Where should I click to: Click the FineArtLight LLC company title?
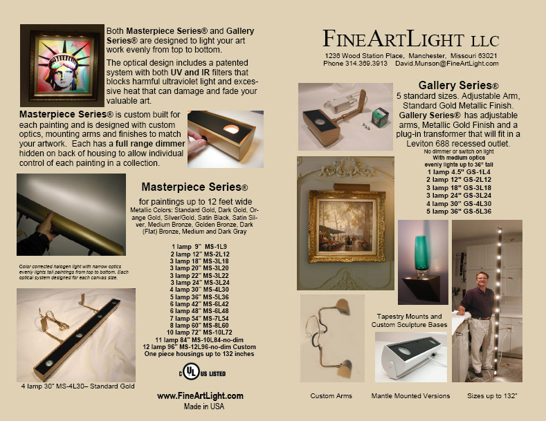point(410,37)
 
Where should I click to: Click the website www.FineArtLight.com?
point(200,395)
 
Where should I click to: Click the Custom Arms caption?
point(331,396)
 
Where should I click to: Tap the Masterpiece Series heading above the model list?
point(194,187)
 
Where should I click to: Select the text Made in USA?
point(200,406)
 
